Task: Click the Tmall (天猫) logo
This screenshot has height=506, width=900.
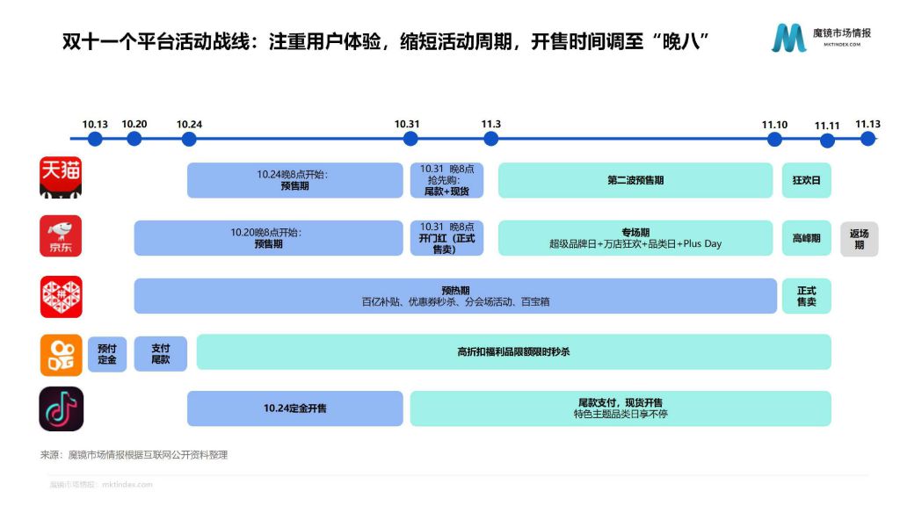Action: point(61,177)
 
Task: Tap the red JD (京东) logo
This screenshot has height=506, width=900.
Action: point(61,235)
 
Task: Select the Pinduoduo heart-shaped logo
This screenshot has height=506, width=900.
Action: point(61,297)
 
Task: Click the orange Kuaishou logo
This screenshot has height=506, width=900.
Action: point(61,355)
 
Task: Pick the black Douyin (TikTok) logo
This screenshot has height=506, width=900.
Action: point(61,409)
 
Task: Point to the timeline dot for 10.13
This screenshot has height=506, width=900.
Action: point(95,139)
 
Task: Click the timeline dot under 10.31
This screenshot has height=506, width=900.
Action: point(410,139)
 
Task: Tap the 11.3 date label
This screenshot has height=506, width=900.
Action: point(490,124)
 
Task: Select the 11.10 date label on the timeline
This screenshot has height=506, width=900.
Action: point(774,125)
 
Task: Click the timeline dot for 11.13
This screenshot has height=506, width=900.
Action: point(867,139)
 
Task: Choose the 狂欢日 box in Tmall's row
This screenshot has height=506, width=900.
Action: point(807,180)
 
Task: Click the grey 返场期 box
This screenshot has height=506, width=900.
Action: point(860,239)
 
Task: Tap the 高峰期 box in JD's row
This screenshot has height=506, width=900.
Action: point(807,238)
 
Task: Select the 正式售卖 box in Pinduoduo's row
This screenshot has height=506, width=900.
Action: point(807,296)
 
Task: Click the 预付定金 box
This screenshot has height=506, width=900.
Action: point(107,354)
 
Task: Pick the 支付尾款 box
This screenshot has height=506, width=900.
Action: point(161,354)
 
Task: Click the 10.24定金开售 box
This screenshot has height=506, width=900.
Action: point(295,408)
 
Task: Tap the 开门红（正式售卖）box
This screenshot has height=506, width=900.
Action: point(446,238)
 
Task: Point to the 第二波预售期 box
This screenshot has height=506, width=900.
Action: point(635,180)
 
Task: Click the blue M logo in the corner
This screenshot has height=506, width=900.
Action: point(788,38)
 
